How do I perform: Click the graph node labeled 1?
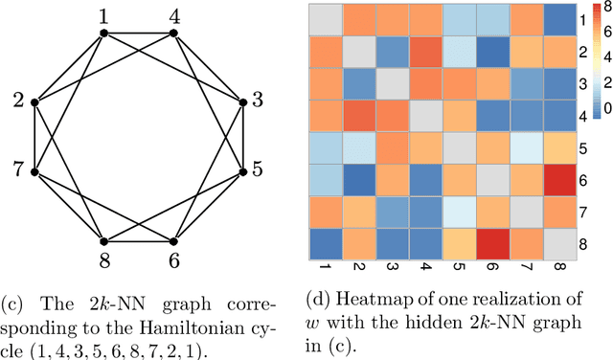click(103, 34)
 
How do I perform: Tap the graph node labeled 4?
click(173, 34)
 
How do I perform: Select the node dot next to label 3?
click(243, 102)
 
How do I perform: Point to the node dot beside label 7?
click(34, 172)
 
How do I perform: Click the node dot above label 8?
click(103, 241)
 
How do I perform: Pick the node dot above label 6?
click(173, 241)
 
